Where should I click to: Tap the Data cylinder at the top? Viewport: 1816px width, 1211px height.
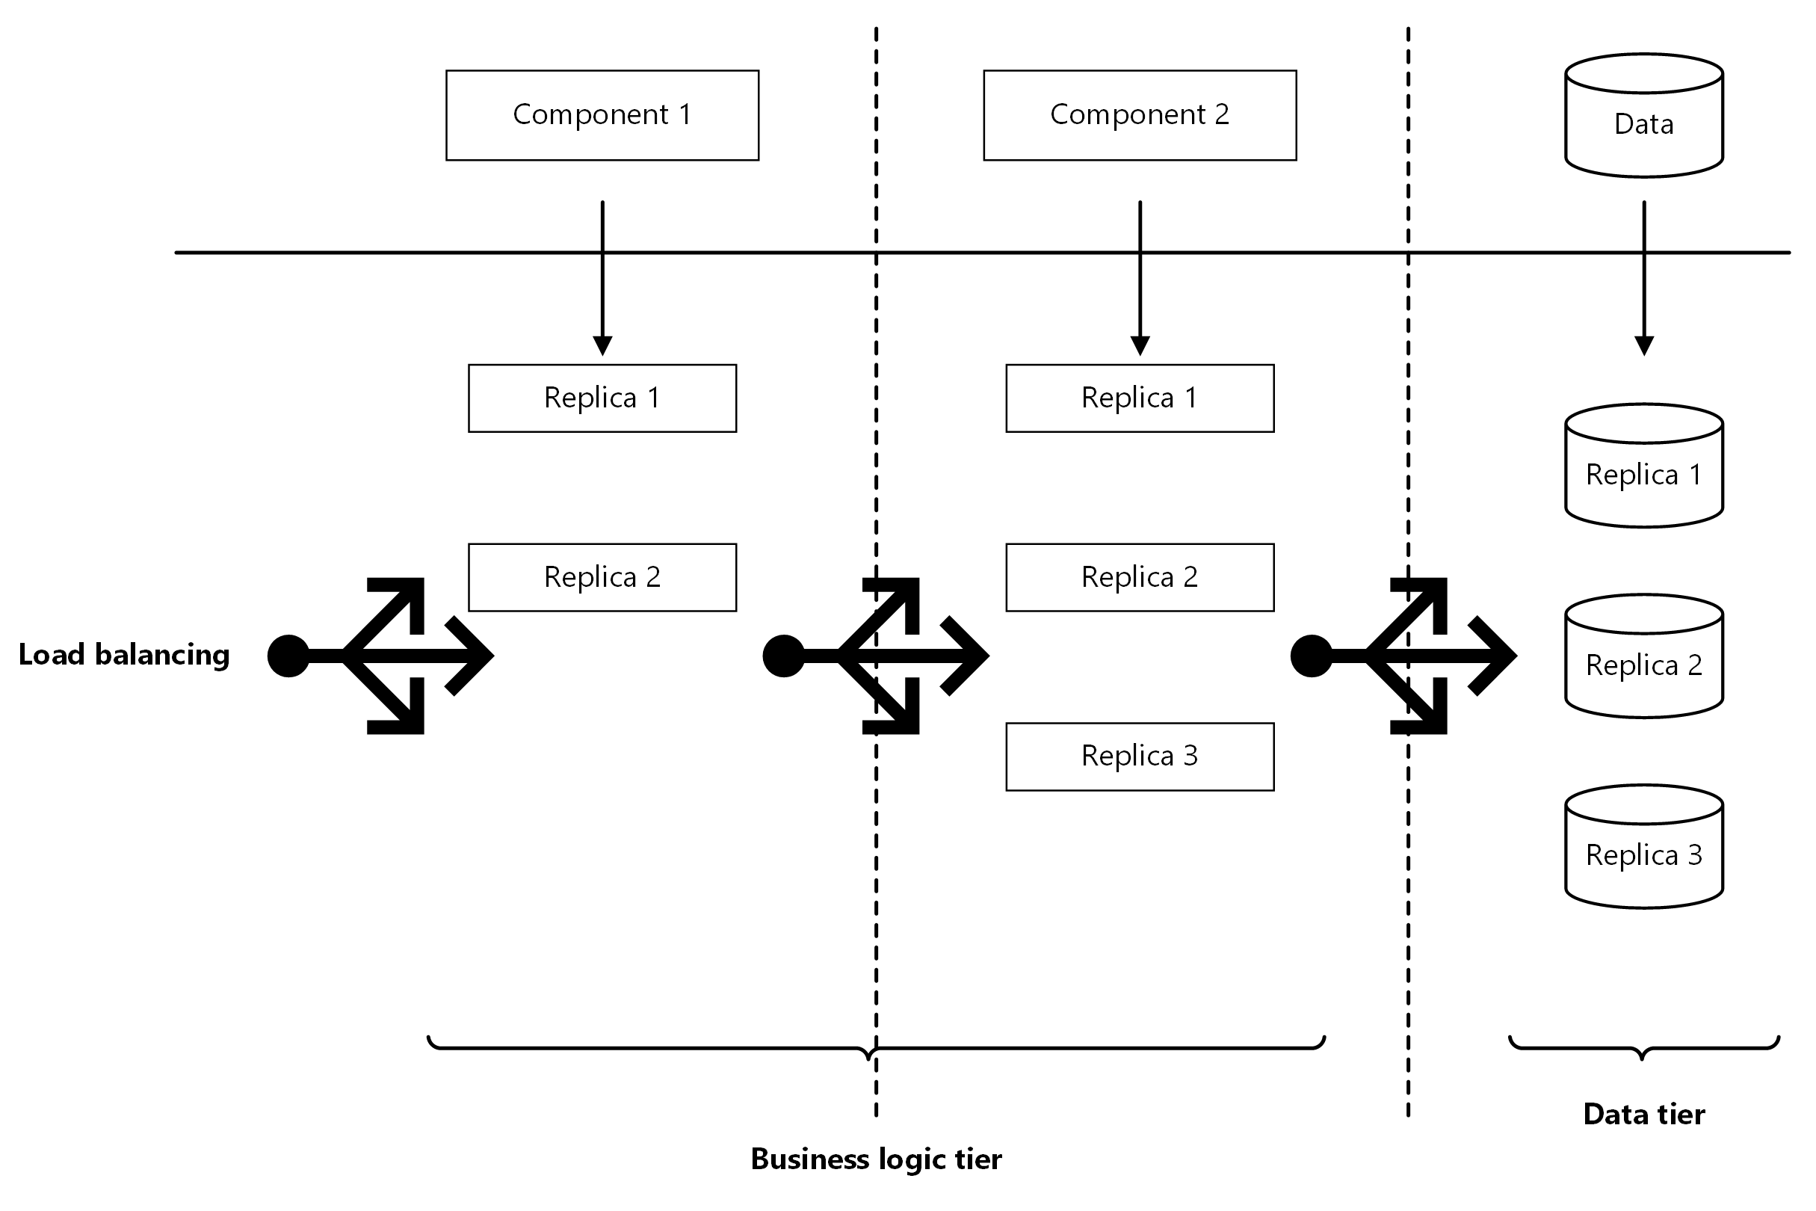pos(1644,116)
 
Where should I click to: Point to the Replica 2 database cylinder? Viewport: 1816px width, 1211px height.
pos(1644,656)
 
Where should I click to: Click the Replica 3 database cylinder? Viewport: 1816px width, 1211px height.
pos(1644,846)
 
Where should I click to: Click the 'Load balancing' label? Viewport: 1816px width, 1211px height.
pos(124,655)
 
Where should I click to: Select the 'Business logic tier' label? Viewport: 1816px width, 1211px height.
pos(876,1159)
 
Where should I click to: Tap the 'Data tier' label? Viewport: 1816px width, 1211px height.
pos(1644,1114)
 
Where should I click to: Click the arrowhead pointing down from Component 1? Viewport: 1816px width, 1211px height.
pos(602,346)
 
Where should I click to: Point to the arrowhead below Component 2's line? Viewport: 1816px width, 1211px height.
pos(1140,346)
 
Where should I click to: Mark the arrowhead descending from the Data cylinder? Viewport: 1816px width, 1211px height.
pos(1644,346)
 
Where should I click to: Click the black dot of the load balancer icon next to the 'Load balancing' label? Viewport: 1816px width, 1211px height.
pos(288,656)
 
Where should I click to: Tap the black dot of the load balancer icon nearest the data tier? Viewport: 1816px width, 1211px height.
pos(1311,656)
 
